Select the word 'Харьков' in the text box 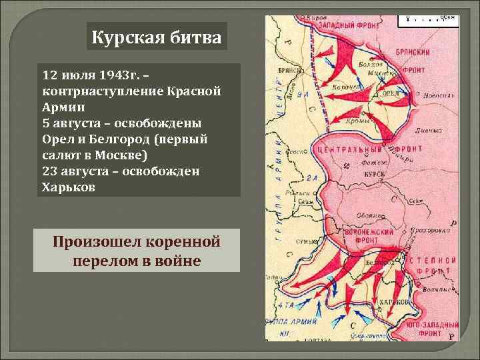point(69,187)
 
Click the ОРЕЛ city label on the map point(391,93)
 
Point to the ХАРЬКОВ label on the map point(393,303)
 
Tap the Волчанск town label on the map point(435,289)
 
